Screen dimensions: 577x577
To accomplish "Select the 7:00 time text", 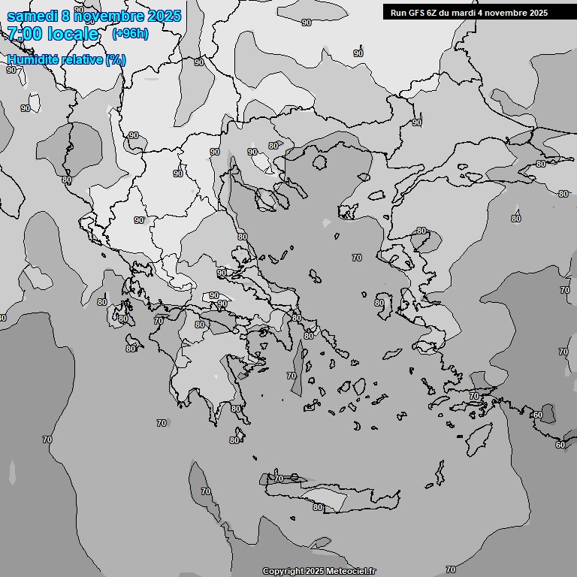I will tap(25, 34).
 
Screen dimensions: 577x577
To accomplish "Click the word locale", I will tap(73, 34).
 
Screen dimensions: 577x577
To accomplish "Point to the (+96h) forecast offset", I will tap(130, 34).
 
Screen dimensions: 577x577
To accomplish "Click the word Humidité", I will tap(32, 60).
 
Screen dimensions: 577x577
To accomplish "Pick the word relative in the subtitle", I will tap(81, 60).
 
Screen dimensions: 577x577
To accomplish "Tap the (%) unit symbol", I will tap(116, 60).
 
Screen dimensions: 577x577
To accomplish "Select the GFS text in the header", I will tap(418, 13).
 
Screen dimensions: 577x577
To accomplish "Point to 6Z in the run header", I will tap(435, 13).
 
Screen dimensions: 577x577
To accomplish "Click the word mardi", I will tap(467, 13).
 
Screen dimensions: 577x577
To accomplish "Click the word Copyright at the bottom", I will tap(283, 572).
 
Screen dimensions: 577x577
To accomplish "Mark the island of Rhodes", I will tap(479, 436).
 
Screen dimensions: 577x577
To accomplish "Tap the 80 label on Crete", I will tap(318, 508).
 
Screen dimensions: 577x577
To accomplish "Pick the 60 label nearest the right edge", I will tap(560, 445).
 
